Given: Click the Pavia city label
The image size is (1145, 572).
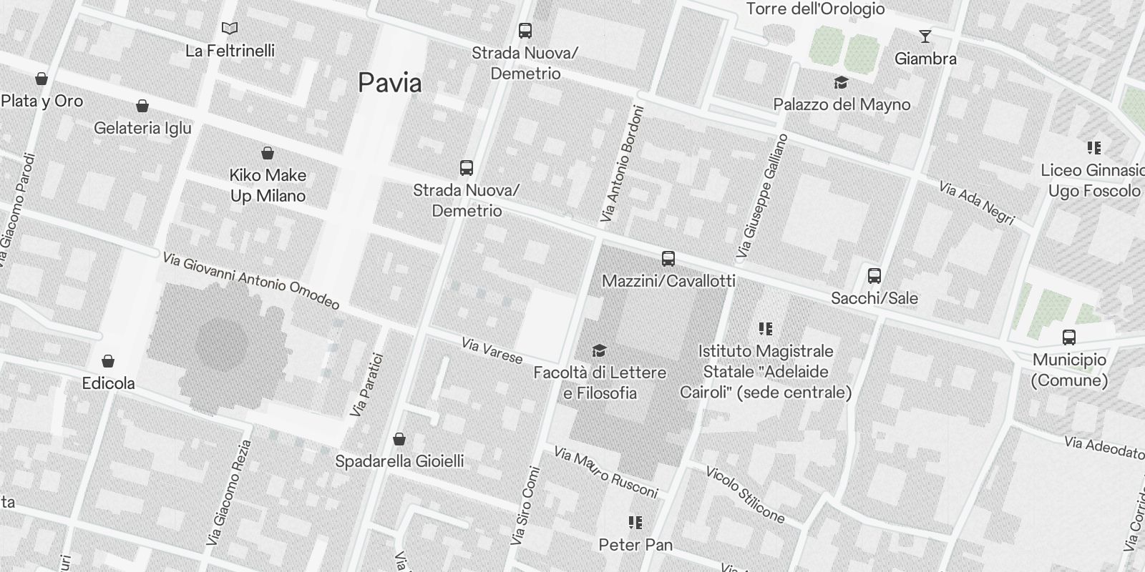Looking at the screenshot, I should tap(390, 83).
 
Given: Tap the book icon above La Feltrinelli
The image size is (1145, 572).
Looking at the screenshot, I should tap(230, 29).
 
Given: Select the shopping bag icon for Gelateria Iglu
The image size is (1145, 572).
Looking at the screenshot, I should tap(142, 107).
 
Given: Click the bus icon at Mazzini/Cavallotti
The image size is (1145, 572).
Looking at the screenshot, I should tap(668, 259).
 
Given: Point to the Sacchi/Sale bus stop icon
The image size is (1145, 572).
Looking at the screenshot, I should tap(874, 276).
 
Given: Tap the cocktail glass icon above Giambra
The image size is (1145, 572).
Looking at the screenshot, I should tap(925, 36).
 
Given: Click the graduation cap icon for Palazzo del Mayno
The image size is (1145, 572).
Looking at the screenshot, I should tap(841, 83).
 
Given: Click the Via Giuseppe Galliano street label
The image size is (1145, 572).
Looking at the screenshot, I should tap(762, 196).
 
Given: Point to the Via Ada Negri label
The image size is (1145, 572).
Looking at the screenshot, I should tap(977, 203).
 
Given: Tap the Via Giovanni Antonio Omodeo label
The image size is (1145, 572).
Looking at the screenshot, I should tap(251, 281).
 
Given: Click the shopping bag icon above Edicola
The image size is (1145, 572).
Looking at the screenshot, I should tap(108, 361).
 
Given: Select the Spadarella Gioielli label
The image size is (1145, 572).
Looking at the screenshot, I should tap(399, 461).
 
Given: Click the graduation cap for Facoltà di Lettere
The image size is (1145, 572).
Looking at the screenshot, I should tap(600, 350).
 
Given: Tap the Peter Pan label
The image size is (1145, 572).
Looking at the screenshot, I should tap(635, 545).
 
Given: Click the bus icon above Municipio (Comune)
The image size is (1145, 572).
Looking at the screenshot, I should tap(1069, 337).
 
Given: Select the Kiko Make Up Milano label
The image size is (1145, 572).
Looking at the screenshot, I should tap(268, 185).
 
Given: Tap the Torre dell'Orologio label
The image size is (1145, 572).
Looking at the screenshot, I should tap(815, 9).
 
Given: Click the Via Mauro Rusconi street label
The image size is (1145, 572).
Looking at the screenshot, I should tap(606, 473).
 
